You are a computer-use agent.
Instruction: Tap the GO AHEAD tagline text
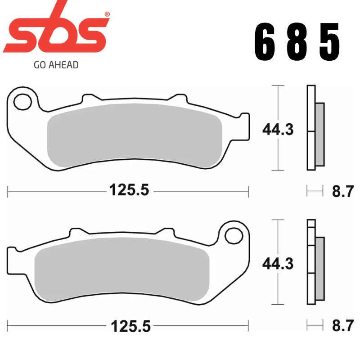(x=56, y=65)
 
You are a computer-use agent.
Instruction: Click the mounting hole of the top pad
(x=22, y=102)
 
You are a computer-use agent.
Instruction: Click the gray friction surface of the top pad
(x=135, y=135)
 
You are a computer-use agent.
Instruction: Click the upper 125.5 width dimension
(x=129, y=190)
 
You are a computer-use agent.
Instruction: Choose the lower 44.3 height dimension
(x=278, y=263)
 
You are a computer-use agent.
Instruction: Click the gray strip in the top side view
(x=319, y=134)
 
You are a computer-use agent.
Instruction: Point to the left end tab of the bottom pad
(x=13, y=256)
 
